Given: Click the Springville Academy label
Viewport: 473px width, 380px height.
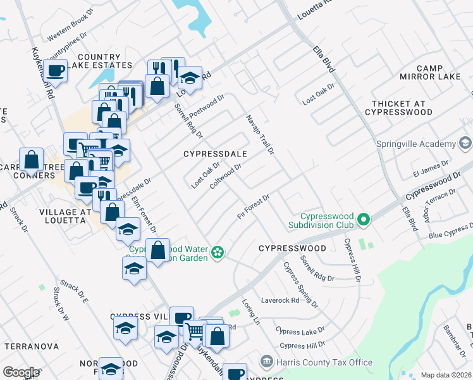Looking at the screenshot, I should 416,144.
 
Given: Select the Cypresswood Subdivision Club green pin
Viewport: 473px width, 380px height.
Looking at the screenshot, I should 363,220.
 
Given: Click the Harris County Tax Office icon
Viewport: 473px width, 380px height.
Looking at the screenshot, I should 266,362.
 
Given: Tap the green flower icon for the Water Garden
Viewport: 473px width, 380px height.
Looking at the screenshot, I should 218,253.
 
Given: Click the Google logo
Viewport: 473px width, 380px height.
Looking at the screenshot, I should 21,372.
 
